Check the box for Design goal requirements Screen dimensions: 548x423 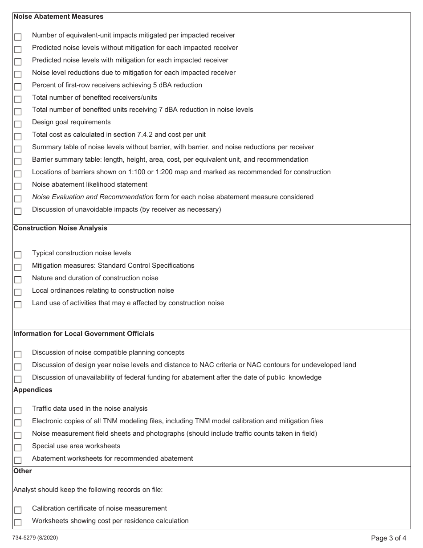pos(18,124)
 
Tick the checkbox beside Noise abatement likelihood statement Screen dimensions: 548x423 pos(18,187)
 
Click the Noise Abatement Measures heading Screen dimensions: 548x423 pos(58,16)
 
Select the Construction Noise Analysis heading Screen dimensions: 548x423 pos(60,228)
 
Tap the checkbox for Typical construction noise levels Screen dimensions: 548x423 pos(18,255)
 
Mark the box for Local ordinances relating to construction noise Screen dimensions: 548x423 pos(18,293)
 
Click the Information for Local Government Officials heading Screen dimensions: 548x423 pos(84,333)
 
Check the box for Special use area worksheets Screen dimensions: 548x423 pos(18,448)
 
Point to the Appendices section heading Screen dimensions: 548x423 pos(33,390)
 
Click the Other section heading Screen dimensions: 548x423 pos(23,471)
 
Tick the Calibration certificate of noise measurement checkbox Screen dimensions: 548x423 pos(18,511)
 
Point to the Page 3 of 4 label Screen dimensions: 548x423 pos(388,538)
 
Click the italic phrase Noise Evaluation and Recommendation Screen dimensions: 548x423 pos(93,197)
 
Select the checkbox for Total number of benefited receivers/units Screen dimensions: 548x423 pos(18,99)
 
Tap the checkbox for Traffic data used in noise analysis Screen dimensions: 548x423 pos(18,411)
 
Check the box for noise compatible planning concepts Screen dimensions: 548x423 pos(18,355)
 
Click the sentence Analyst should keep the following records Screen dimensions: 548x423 pos(88,490)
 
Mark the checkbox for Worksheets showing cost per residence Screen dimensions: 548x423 pos(18,523)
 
